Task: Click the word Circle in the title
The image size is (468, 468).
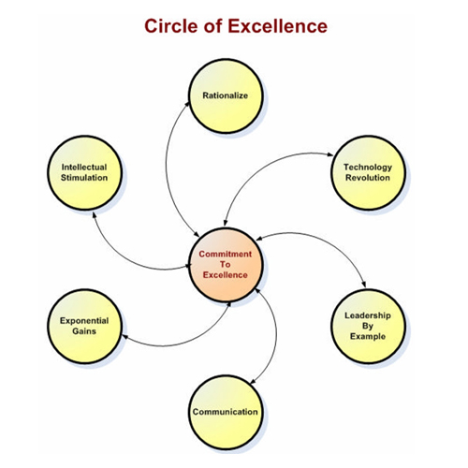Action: pyautogui.click(x=171, y=26)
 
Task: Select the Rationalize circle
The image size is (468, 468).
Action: pyautogui.click(x=226, y=96)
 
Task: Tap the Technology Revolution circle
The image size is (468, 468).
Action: pyautogui.click(x=368, y=172)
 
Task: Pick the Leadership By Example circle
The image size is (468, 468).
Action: pyautogui.click(x=368, y=326)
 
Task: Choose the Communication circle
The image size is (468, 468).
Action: pyautogui.click(x=226, y=412)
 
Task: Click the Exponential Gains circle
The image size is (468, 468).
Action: pyautogui.click(x=84, y=326)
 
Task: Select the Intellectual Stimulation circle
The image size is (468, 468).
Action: pyautogui.click(x=84, y=172)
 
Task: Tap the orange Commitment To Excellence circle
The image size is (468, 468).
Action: pyautogui.click(x=226, y=265)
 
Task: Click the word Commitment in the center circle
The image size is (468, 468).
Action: pyautogui.click(x=226, y=254)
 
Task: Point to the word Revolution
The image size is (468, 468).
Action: pyautogui.click(x=368, y=178)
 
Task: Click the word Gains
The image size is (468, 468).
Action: pyautogui.click(x=84, y=331)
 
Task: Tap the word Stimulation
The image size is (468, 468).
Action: pyautogui.click(x=84, y=178)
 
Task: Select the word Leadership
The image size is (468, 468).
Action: pyautogui.click(x=368, y=315)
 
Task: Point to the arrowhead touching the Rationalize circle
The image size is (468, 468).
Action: pyautogui.click(x=187, y=104)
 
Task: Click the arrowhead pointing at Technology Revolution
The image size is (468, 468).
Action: pyautogui.click(x=330, y=154)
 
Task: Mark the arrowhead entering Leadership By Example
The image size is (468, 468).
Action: pyautogui.click(x=363, y=284)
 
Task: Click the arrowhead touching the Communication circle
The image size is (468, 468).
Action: pyautogui.click(x=254, y=381)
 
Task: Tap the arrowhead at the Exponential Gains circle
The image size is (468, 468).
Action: pyautogui.click(x=124, y=336)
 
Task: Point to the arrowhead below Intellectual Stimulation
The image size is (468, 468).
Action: pyautogui.click(x=95, y=215)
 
